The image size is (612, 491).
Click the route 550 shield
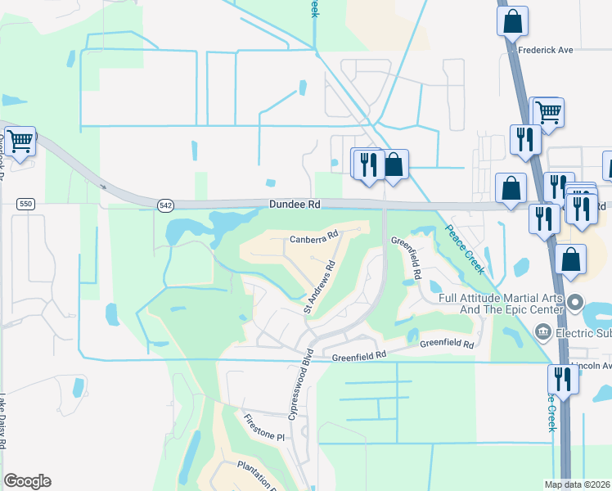pos(25,203)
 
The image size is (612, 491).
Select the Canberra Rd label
pos(314,238)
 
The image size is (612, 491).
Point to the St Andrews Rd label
pos(320,287)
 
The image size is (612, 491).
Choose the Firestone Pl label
pos(263,428)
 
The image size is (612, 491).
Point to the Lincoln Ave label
pos(591,366)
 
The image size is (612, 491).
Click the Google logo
pos(27,481)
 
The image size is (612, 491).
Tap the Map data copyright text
pos(576,484)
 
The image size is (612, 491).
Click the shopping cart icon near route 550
pos(20,141)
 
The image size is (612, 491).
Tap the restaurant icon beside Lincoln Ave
pos(562,379)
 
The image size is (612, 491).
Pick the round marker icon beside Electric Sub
pos(542,331)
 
